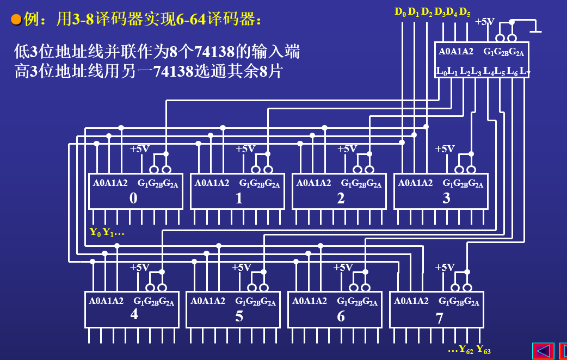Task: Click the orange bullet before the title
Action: pos(16,20)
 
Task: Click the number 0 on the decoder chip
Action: pos(133,198)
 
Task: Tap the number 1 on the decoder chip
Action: pos(239,198)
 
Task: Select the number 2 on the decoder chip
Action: pos(341,198)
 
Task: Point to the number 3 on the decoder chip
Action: pos(446,198)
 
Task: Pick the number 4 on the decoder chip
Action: pos(134,315)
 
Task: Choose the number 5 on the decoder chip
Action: pos(239,316)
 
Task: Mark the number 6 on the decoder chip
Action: pos(341,316)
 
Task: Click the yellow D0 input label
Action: pos(400,11)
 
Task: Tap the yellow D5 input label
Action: pos(465,11)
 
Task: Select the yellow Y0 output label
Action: pos(95,232)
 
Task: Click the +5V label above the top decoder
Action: pos(485,22)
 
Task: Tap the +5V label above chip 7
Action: pos(445,267)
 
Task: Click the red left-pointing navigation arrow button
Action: pos(543,351)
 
